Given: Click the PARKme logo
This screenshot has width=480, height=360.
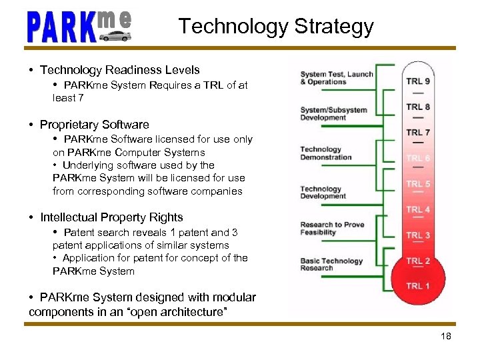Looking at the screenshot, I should coord(79,27).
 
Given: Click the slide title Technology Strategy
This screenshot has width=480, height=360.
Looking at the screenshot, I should coord(275,27).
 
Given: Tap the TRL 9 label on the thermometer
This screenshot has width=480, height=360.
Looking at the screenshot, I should coord(418,81).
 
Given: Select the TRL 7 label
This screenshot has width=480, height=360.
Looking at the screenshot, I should coord(418,132).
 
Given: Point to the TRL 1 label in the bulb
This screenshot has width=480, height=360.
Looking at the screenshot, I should coord(418,286).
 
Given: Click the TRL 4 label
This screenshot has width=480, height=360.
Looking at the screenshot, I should coord(418,209).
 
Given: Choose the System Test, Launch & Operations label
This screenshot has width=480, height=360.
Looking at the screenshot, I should coord(336,78).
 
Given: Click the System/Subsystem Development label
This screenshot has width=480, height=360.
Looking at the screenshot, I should coord(333,113).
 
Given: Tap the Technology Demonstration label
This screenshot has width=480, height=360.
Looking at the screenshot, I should coord(325,153).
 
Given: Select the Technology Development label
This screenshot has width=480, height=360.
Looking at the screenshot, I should coord(323,193).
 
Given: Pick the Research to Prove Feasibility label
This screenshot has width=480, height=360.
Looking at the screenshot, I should coord(332,229).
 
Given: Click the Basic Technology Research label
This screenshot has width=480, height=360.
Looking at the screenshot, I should coord(331,265).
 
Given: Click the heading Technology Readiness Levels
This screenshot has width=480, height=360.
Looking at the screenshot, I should coord(119,70).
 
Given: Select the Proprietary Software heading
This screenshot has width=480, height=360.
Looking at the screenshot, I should coord(94,125).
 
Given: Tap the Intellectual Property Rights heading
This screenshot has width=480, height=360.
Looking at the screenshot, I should coord(111,217).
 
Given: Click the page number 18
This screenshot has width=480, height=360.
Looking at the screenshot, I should coord(446,336).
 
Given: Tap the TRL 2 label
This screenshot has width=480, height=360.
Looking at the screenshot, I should coord(418,261).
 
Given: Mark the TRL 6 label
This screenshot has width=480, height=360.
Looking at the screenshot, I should coord(418,158).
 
